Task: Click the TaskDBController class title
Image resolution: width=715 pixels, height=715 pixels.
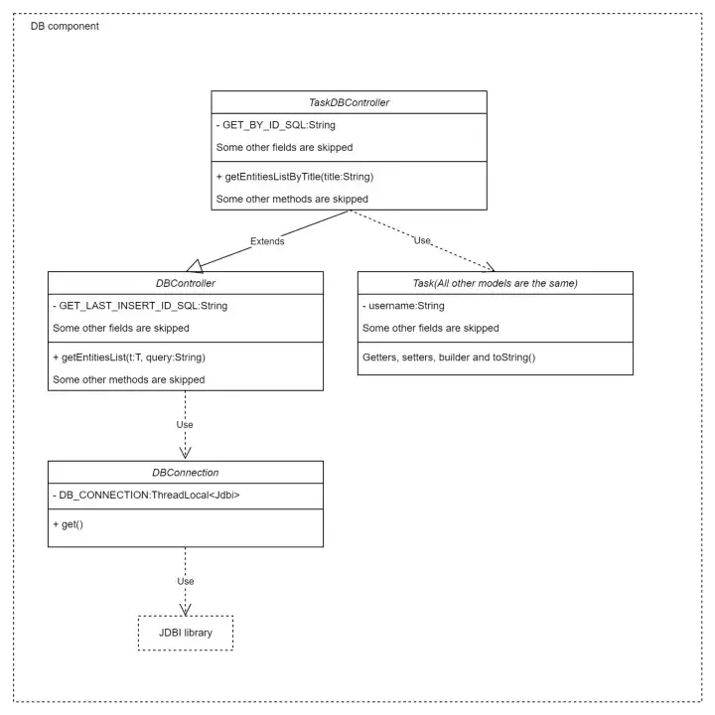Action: pos(349,102)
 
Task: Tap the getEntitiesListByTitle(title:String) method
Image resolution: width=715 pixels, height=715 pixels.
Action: pos(295,177)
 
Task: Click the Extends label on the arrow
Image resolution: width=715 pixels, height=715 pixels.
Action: pos(267,241)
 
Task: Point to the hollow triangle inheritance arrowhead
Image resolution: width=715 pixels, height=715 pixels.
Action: pos(195,266)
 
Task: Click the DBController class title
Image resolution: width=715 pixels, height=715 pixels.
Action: pos(186,283)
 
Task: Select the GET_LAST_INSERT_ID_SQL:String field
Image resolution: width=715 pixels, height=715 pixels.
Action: pos(140,306)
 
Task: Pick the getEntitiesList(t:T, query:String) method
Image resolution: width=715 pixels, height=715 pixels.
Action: pos(129,357)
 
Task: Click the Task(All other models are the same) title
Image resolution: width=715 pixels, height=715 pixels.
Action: pos(496,283)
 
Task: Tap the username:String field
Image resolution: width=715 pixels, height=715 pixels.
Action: pos(403,306)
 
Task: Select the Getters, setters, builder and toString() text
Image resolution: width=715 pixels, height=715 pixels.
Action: pos(449,357)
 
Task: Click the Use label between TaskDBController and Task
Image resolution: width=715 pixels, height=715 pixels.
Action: pos(422,240)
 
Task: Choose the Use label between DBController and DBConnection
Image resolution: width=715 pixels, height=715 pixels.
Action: pos(185,425)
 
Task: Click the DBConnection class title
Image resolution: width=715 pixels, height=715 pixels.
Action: pos(186,473)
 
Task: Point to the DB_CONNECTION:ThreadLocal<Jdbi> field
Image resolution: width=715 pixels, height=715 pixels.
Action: pos(146,496)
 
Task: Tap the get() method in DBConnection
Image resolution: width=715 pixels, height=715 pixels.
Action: pos(68,524)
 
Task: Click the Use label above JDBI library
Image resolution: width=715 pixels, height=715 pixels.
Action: pos(186,581)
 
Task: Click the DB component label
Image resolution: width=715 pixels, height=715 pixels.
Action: pos(65,26)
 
